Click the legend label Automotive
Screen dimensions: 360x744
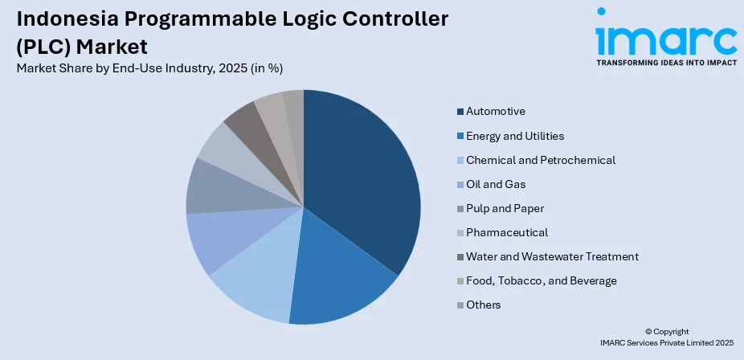pos(496,112)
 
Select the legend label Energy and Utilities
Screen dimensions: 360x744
pos(515,136)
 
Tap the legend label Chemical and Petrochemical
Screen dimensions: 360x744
pos(541,160)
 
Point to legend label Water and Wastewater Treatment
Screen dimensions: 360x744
pos(552,256)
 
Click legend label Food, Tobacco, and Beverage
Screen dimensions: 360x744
pos(541,280)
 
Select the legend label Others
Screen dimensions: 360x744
pos(484,305)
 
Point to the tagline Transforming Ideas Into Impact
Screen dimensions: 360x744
pos(666,61)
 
